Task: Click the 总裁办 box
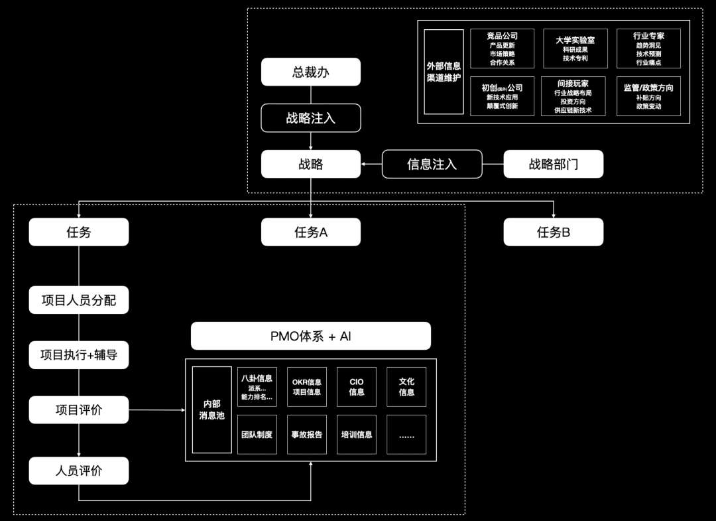(x=310, y=72)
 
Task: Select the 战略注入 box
(x=310, y=118)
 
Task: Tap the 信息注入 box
(x=432, y=164)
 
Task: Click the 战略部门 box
(x=553, y=164)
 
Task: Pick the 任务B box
(x=553, y=232)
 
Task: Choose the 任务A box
(x=310, y=232)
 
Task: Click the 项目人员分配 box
(x=78, y=300)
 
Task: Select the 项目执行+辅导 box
(x=78, y=355)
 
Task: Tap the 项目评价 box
(x=78, y=409)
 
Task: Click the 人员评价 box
(x=78, y=471)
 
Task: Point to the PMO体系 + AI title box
(x=310, y=336)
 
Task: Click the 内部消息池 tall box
(x=211, y=409)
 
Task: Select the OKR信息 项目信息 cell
(x=306, y=387)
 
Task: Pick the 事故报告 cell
(x=306, y=435)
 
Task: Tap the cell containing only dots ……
(x=406, y=435)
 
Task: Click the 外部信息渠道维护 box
(x=444, y=72)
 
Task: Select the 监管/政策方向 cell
(x=648, y=96)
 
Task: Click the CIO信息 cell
(x=357, y=387)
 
